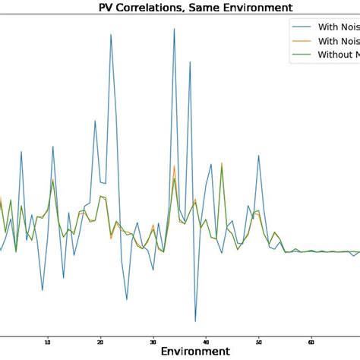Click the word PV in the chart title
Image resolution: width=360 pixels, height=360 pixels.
tap(109, 8)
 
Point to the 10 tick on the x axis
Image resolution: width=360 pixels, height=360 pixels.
tap(48, 341)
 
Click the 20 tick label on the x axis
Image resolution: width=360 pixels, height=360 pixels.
tap(100, 341)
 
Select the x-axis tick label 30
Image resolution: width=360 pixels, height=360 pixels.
tap(153, 341)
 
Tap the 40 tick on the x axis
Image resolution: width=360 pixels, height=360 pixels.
tap(206, 341)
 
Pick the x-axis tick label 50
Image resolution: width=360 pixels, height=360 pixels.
tap(259, 341)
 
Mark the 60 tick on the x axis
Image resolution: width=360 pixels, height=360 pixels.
tap(311, 341)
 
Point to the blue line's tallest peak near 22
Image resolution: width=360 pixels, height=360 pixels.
tap(111, 34)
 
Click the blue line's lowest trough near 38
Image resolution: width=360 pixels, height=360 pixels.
tap(195, 321)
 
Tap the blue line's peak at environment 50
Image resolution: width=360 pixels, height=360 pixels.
tap(259, 156)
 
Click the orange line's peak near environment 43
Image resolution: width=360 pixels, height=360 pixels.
tap(222, 163)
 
